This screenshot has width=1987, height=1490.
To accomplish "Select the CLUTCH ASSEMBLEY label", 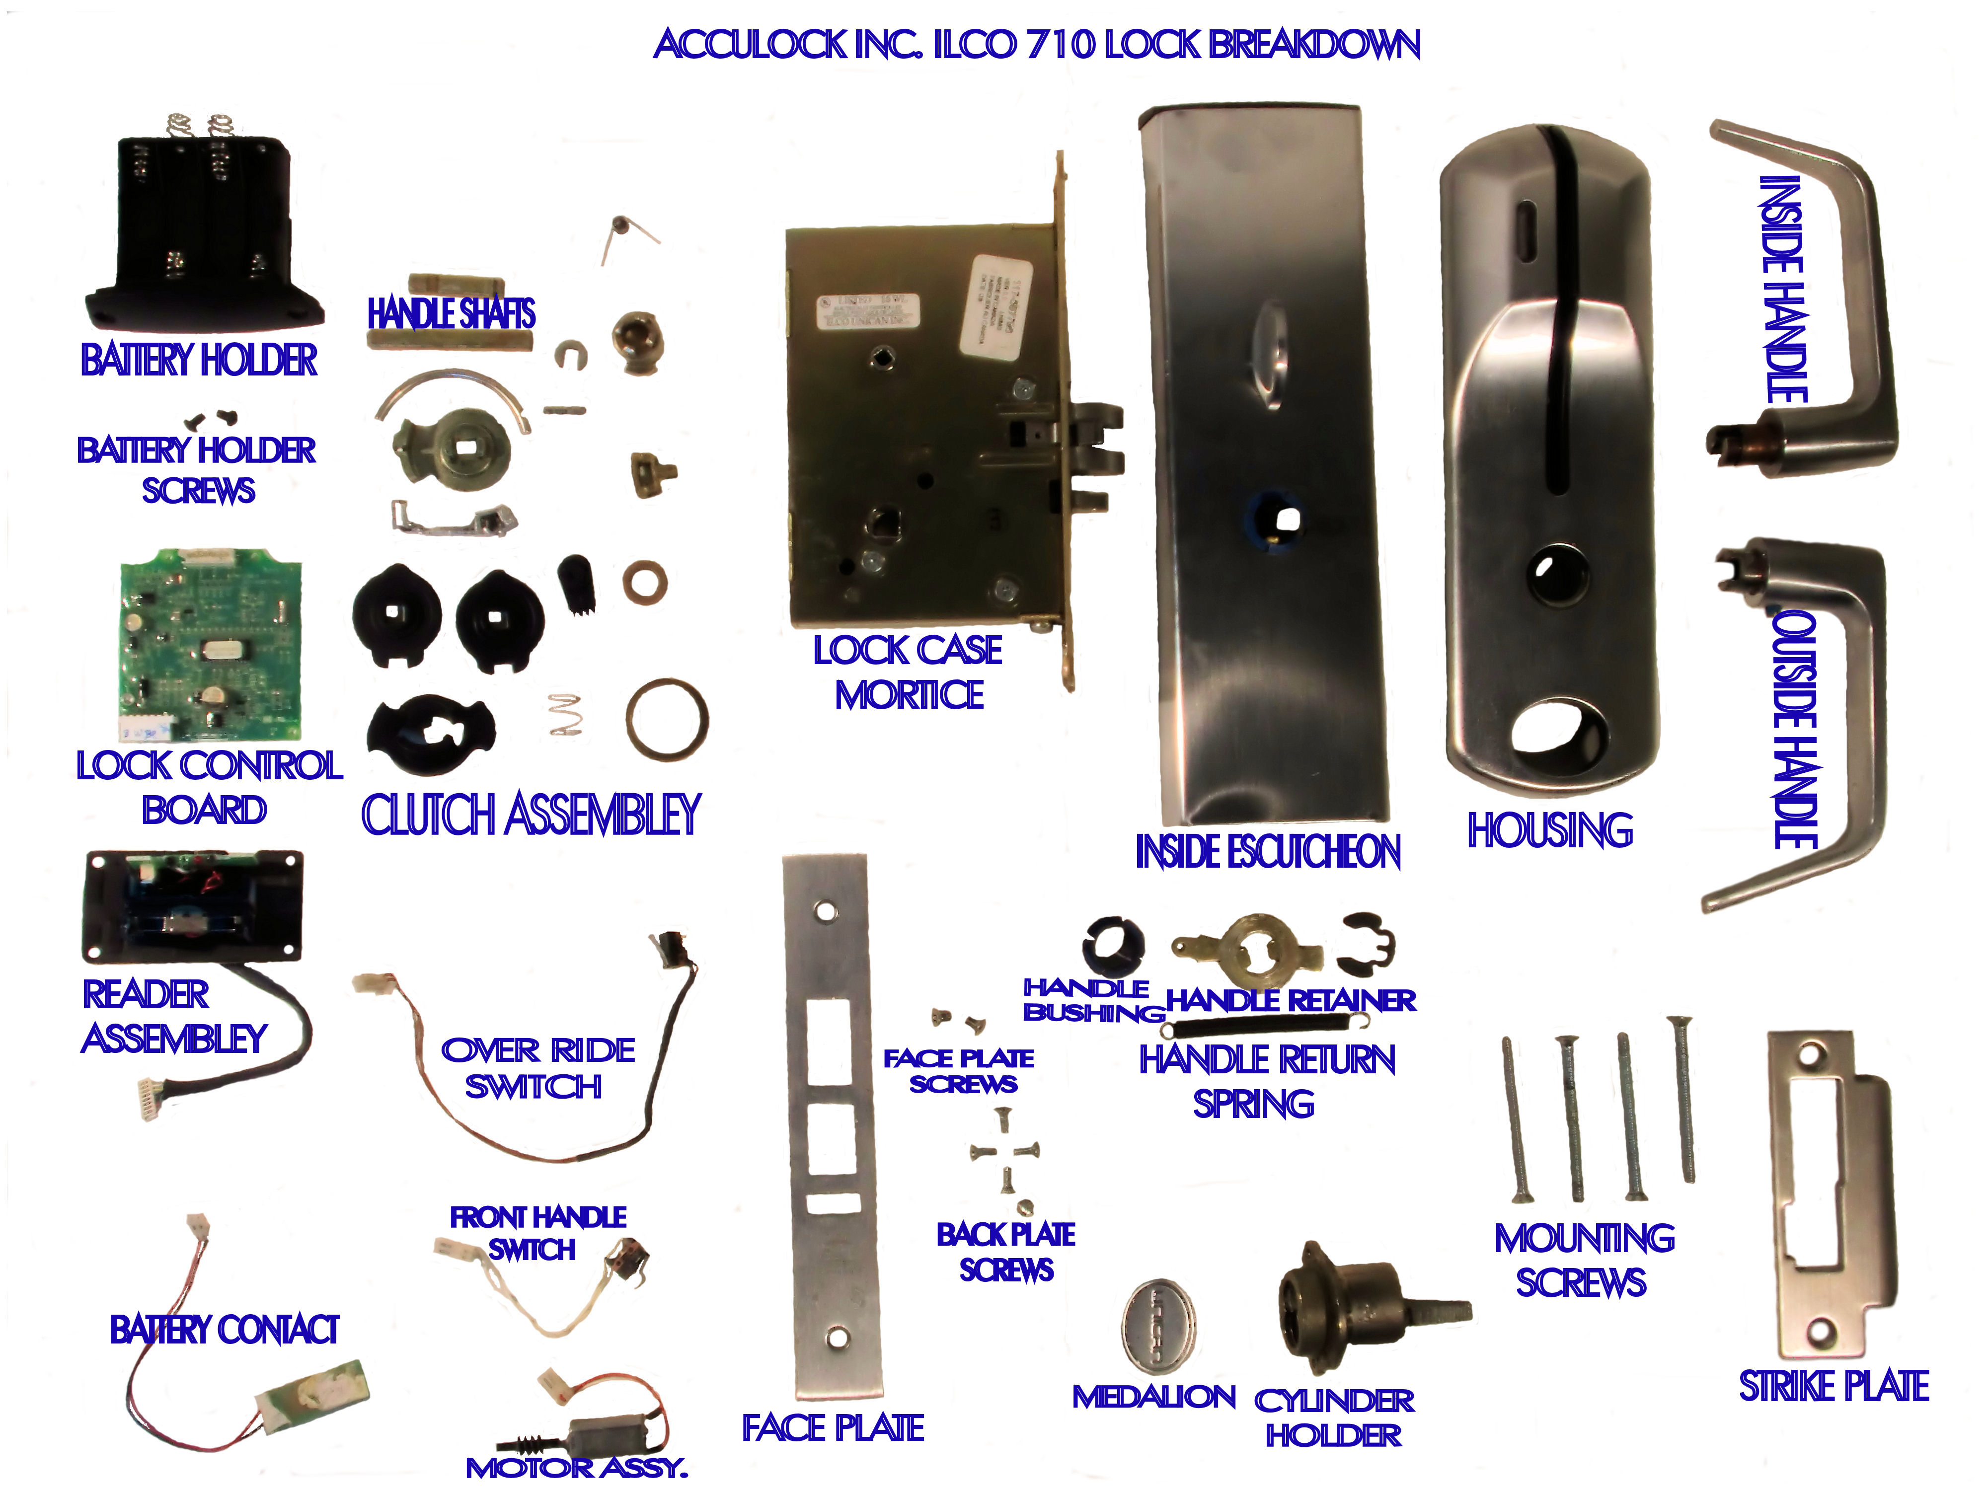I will point(530,815).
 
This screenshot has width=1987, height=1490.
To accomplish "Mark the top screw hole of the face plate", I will point(822,911).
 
